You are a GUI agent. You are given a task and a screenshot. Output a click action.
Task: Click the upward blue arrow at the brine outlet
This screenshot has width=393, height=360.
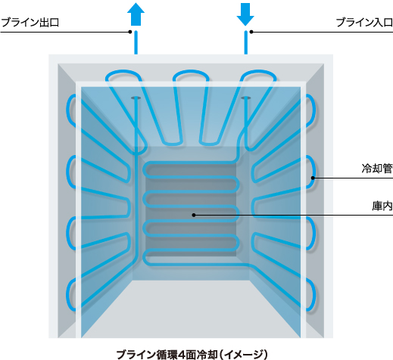coord(136,14)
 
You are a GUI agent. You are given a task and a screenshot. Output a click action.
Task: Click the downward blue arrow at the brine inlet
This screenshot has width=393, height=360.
coord(245,14)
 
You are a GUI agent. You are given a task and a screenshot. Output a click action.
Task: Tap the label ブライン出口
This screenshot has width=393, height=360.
coord(30,22)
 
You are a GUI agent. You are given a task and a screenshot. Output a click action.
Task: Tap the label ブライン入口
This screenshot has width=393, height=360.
coord(364,22)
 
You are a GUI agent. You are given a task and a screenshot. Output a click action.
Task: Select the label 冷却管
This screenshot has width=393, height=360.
coord(377,169)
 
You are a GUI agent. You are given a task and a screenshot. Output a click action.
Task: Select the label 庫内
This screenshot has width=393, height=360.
coord(382,206)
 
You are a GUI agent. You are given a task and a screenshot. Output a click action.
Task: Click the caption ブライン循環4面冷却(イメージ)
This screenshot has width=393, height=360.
coord(192,354)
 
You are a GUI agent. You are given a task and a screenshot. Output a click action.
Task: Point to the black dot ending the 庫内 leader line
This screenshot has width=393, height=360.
coord(194,215)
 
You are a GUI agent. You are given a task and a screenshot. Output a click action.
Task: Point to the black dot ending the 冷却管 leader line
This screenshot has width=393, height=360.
coord(313,178)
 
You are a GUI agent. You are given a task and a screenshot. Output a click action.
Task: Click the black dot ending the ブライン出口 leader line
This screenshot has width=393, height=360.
coord(130,32)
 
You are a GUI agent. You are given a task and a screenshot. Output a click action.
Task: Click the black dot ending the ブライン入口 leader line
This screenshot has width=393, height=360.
coord(251,32)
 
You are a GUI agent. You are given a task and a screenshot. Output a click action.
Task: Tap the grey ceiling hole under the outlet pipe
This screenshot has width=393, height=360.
coord(136,98)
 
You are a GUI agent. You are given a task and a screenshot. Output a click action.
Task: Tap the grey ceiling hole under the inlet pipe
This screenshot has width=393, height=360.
coord(246,98)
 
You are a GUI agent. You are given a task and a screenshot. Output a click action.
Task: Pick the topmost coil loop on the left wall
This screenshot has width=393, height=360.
coord(71,111)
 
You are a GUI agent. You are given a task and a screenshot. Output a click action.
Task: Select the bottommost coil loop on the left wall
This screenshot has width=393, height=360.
coord(71,296)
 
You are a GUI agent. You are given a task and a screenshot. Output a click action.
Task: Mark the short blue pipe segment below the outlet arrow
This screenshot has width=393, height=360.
coord(136,42)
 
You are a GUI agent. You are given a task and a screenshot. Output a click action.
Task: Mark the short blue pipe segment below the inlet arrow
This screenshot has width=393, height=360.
coord(246,42)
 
